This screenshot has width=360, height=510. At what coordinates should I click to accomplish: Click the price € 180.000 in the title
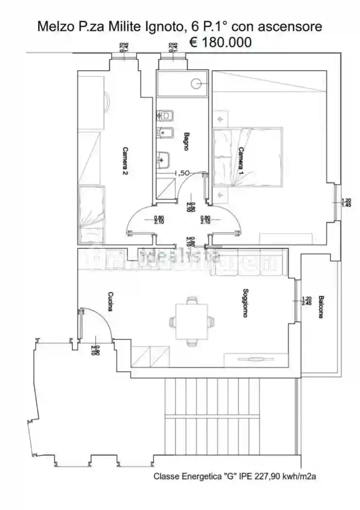click(x=220, y=42)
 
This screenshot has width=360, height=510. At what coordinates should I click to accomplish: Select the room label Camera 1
click(x=240, y=161)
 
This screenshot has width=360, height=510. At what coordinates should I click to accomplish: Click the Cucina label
click(x=111, y=301)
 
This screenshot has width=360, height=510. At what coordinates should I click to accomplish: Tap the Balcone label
click(x=321, y=306)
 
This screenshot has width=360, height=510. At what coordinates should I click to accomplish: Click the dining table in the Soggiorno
click(x=191, y=321)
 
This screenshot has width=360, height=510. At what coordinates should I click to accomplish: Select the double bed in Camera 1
click(x=248, y=157)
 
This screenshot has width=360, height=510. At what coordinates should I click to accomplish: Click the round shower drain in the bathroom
click(x=196, y=84)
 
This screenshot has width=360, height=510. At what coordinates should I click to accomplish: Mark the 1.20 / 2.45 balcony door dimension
click(x=306, y=301)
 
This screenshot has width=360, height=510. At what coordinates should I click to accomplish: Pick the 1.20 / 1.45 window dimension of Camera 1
click(x=346, y=203)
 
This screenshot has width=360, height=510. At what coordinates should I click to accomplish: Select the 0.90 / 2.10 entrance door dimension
click(x=97, y=349)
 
